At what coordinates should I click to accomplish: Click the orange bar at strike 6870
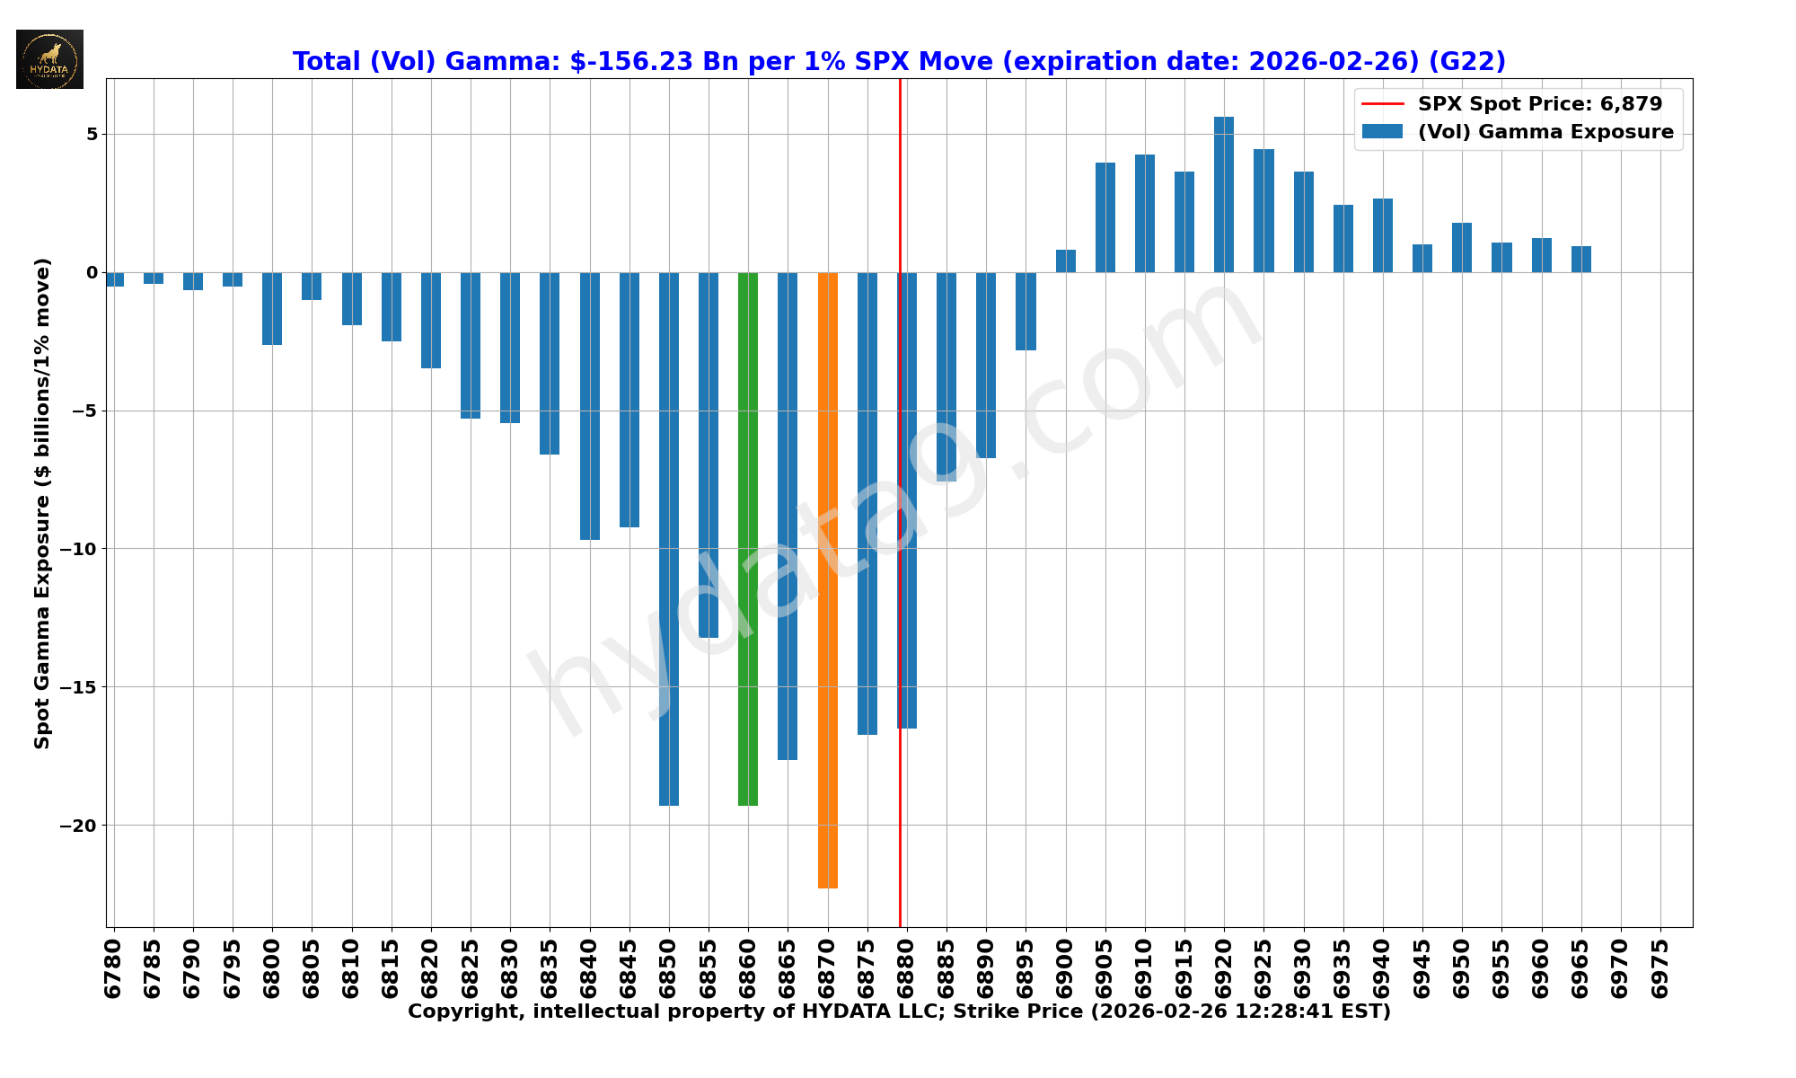click(x=827, y=579)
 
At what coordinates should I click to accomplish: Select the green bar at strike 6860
click(x=748, y=539)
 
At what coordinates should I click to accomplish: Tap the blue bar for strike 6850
click(x=669, y=539)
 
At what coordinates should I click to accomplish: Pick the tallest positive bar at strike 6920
click(x=1224, y=194)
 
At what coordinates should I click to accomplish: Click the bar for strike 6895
click(x=1026, y=311)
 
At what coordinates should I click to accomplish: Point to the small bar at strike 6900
click(x=1065, y=261)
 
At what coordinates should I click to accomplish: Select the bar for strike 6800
click(x=272, y=308)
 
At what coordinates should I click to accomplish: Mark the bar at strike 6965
click(x=1581, y=260)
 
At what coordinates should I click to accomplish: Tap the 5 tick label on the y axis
click(x=92, y=135)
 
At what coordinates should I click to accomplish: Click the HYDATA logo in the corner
click(x=49, y=59)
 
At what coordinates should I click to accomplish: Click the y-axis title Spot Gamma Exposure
click(x=42, y=503)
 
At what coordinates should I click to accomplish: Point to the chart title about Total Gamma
click(x=899, y=61)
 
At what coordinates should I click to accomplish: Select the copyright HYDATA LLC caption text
click(x=899, y=1012)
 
